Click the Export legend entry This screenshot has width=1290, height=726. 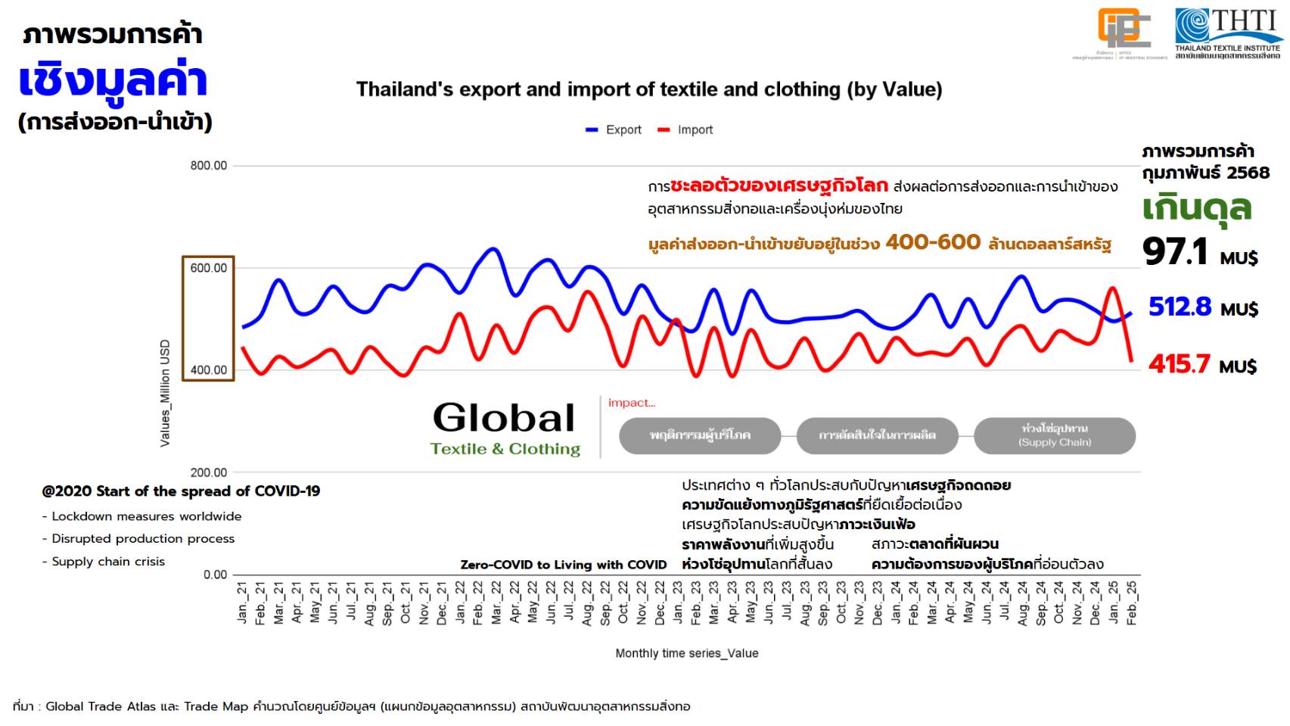pos(614,129)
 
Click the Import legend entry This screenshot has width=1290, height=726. pos(685,129)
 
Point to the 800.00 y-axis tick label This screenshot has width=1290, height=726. pos(208,166)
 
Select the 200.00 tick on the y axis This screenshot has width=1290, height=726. pos(208,472)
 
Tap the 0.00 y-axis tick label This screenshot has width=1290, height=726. pos(215,575)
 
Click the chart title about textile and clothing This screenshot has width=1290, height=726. pos(649,89)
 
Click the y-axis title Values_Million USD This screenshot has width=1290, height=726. pos(165,393)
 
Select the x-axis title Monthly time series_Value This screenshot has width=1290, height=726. pos(686,653)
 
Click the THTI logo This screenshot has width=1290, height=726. pos(1228,32)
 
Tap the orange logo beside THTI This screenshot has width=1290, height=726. pos(1124,30)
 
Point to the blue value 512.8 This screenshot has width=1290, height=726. pos(1180,307)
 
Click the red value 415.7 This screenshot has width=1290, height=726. pos(1179,364)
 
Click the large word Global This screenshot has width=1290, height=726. pos(504,418)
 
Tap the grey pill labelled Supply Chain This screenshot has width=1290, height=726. pos(1055,435)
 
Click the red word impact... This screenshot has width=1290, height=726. pos(631,403)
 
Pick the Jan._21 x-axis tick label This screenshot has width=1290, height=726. pos(242,603)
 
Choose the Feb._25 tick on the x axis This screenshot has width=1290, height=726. pos(1132,603)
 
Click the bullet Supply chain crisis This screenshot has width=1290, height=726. pos(107,562)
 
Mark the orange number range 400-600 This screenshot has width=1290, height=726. pos(933,242)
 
